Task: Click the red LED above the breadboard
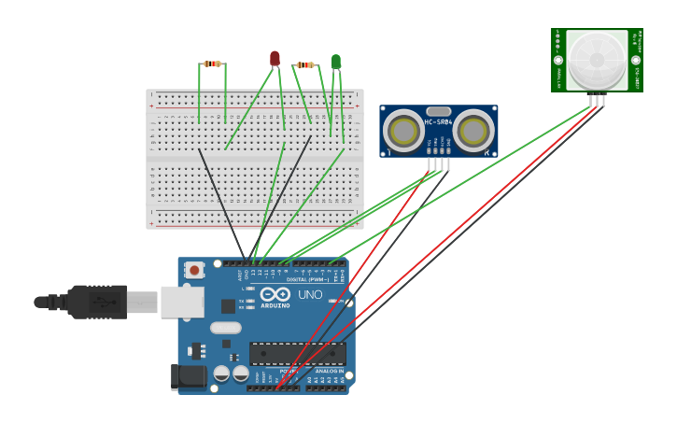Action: pyautogui.click(x=275, y=58)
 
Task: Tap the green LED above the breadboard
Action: pyautogui.click(x=336, y=61)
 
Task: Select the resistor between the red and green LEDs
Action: pyautogui.click(x=305, y=64)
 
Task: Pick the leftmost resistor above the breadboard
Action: pyautogui.click(x=212, y=63)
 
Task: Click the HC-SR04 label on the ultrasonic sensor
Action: pyautogui.click(x=438, y=122)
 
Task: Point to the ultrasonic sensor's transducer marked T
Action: pyautogui.click(x=404, y=132)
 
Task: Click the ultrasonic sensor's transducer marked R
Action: pyautogui.click(x=473, y=132)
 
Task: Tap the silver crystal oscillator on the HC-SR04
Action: pyautogui.click(x=438, y=111)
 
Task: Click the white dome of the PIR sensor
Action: pyautogui.click(x=597, y=58)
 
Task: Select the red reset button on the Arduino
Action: pyautogui.click(x=194, y=270)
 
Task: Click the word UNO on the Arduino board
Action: pyautogui.click(x=310, y=295)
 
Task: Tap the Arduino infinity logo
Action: pyautogui.click(x=275, y=294)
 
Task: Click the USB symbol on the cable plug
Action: pyautogui.click(x=98, y=303)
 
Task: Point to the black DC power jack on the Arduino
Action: pyautogui.click(x=188, y=376)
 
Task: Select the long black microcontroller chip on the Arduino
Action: pyautogui.click(x=297, y=353)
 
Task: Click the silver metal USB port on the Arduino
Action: pyautogui.click(x=182, y=302)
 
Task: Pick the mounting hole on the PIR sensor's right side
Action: pyautogui.click(x=636, y=60)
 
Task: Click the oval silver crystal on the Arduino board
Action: pyautogui.click(x=226, y=328)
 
